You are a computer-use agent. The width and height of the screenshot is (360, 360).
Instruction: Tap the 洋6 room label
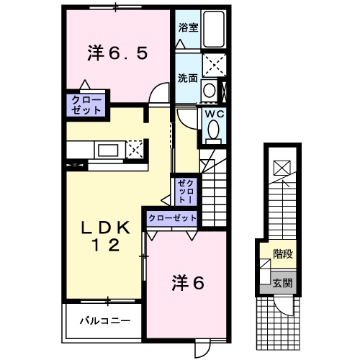click(x=188, y=283)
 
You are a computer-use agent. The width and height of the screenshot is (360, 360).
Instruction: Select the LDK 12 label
click(x=105, y=236)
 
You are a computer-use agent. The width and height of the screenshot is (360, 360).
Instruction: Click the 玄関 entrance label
click(x=282, y=283)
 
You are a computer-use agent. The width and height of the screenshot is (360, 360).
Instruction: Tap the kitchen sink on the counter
click(x=109, y=150)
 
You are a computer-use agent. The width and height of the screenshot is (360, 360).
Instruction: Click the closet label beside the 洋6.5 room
click(x=87, y=104)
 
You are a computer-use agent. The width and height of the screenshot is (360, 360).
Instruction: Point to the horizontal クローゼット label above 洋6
click(x=173, y=217)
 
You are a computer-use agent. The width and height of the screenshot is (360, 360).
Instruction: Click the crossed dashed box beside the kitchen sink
click(x=135, y=150)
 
